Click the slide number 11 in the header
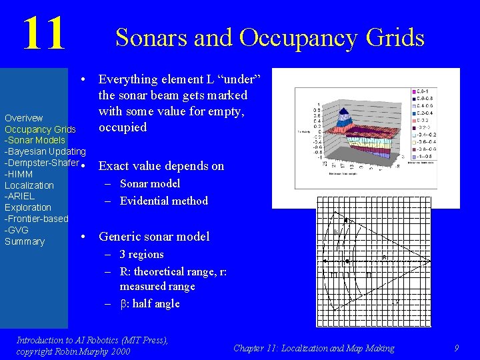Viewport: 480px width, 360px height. [x=43, y=33]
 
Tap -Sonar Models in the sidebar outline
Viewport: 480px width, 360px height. [x=35, y=140]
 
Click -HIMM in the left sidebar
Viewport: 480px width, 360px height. [x=19, y=174]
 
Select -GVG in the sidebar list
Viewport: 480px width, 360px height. [x=17, y=230]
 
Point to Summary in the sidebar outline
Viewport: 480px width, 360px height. [x=25, y=241]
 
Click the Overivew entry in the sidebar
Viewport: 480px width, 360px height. [x=24, y=118]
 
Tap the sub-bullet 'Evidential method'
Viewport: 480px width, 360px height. [x=163, y=201]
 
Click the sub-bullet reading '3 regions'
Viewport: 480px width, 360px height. [x=141, y=254]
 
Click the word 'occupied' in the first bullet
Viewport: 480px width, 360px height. [x=123, y=127]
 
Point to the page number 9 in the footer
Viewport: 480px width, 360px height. [x=456, y=348]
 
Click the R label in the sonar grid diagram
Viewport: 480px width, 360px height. [x=385, y=257]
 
